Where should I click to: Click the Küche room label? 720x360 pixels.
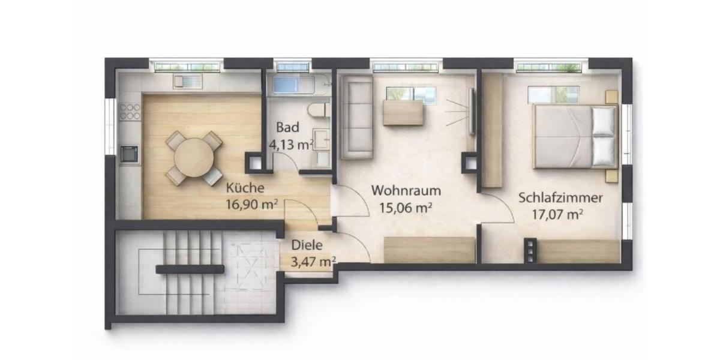[x=244, y=187]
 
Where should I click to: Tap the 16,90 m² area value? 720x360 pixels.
[x=251, y=204]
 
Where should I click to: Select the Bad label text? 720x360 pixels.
[x=286, y=128]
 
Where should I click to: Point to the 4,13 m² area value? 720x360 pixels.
[x=293, y=144]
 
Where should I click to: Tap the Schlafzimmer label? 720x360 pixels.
[x=560, y=197]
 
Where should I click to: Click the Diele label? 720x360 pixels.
[x=307, y=245]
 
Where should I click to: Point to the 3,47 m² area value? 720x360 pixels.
[x=313, y=261]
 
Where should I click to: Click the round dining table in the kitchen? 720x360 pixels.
[x=194, y=158]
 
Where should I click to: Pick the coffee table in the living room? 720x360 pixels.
[x=403, y=113]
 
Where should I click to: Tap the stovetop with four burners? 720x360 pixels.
[x=130, y=111]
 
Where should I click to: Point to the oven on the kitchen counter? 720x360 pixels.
[x=129, y=154]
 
